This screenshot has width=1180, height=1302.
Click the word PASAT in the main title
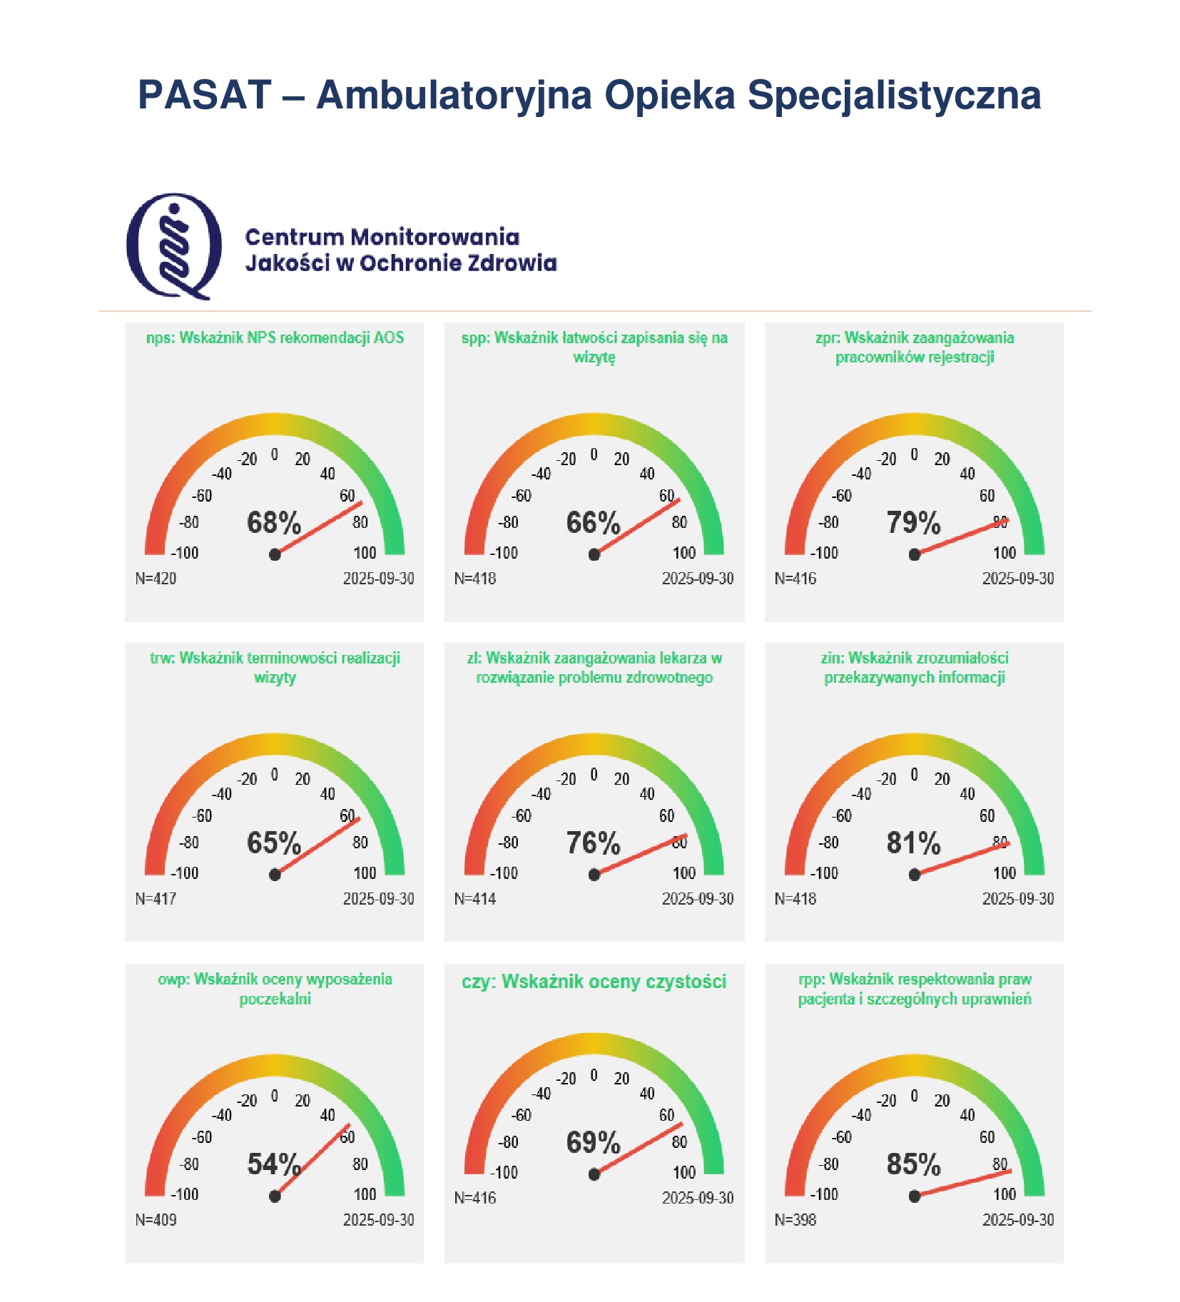tap(204, 95)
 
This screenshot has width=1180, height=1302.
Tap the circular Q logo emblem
tap(173, 245)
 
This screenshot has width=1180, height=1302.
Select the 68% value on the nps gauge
tap(274, 523)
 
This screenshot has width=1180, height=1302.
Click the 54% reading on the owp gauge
tap(274, 1164)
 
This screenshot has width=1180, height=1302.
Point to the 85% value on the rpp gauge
tap(913, 1164)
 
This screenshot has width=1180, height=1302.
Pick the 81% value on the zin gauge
tap(913, 843)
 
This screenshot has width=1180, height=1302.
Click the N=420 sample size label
tap(156, 579)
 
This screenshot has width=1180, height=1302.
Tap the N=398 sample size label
tap(795, 1220)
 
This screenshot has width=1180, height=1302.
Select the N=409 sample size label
tap(156, 1220)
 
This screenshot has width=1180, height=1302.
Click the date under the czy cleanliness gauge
tap(698, 1198)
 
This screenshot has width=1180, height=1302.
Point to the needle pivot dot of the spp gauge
tap(594, 554)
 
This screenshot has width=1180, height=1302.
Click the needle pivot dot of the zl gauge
tap(594, 875)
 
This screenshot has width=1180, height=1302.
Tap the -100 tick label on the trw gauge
tap(184, 873)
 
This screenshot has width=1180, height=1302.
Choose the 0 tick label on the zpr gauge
tap(914, 454)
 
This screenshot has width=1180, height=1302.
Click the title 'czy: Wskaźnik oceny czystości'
tap(594, 982)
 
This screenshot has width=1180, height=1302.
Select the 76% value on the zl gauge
tap(593, 843)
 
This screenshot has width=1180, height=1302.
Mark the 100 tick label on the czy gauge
tap(684, 1173)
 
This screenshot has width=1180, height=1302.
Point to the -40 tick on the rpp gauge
tap(862, 1115)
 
